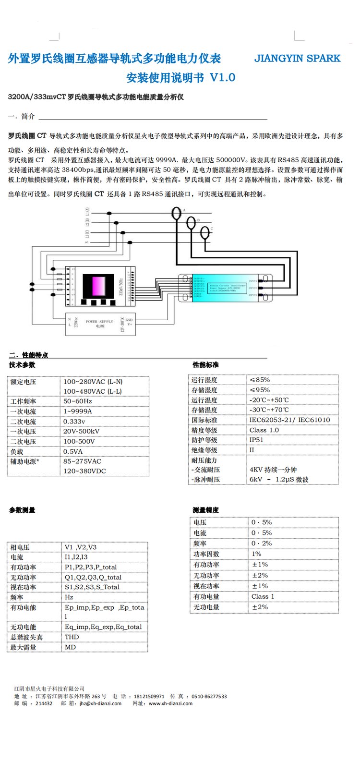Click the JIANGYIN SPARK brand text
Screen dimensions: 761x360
(297, 59)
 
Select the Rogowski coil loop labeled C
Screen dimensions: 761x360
(205, 232)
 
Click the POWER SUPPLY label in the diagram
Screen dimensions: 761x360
(99, 322)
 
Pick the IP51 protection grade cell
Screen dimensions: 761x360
(256, 440)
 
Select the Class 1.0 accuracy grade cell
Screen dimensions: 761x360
(264, 430)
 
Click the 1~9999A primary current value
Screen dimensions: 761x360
(78, 411)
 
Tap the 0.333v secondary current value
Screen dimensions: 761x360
(74, 422)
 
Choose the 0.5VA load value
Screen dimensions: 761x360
(73, 451)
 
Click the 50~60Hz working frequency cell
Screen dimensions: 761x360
(78, 401)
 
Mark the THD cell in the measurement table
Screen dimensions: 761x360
(72, 637)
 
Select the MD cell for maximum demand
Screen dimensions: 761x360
(70, 647)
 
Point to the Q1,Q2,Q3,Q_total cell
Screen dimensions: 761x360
(93, 577)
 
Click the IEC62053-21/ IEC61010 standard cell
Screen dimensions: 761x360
(289, 420)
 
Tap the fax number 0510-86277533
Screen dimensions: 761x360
(209, 696)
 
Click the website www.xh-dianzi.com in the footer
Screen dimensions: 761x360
(170, 703)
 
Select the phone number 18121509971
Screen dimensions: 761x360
(149, 696)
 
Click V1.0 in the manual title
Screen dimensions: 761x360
(223, 78)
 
